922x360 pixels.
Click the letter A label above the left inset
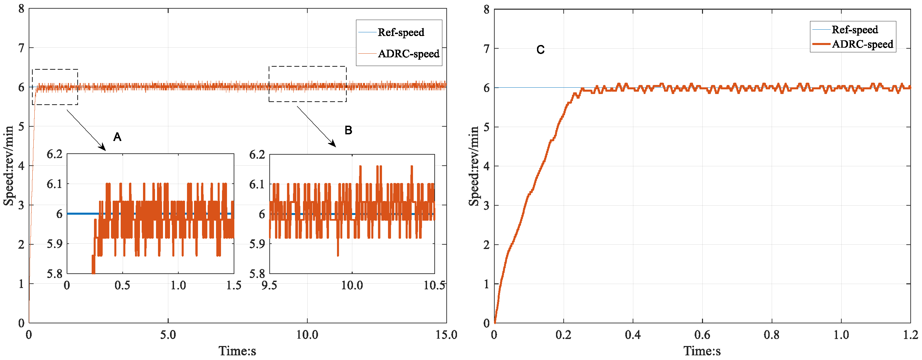coord(117,137)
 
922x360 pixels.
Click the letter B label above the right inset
coord(348,130)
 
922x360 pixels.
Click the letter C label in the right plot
coord(540,50)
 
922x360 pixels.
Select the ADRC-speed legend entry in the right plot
coord(862,44)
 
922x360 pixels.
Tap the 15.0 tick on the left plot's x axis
coord(446,335)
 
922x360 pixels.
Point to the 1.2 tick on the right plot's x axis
coord(910,335)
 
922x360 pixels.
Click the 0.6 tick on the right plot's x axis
coord(702,335)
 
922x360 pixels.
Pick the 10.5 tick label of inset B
coord(434,286)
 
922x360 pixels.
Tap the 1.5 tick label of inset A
coord(234,286)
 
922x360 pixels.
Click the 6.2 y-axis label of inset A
coord(54,154)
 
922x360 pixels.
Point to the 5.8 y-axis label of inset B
coord(257,274)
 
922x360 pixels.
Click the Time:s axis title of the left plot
coord(237,351)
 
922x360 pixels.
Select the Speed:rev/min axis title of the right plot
coord(474,166)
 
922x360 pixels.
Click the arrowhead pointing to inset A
coord(103,148)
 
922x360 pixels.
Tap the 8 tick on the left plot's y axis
coord(21,9)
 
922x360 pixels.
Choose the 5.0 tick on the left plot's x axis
coord(168,335)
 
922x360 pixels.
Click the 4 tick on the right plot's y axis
coord(486,166)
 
